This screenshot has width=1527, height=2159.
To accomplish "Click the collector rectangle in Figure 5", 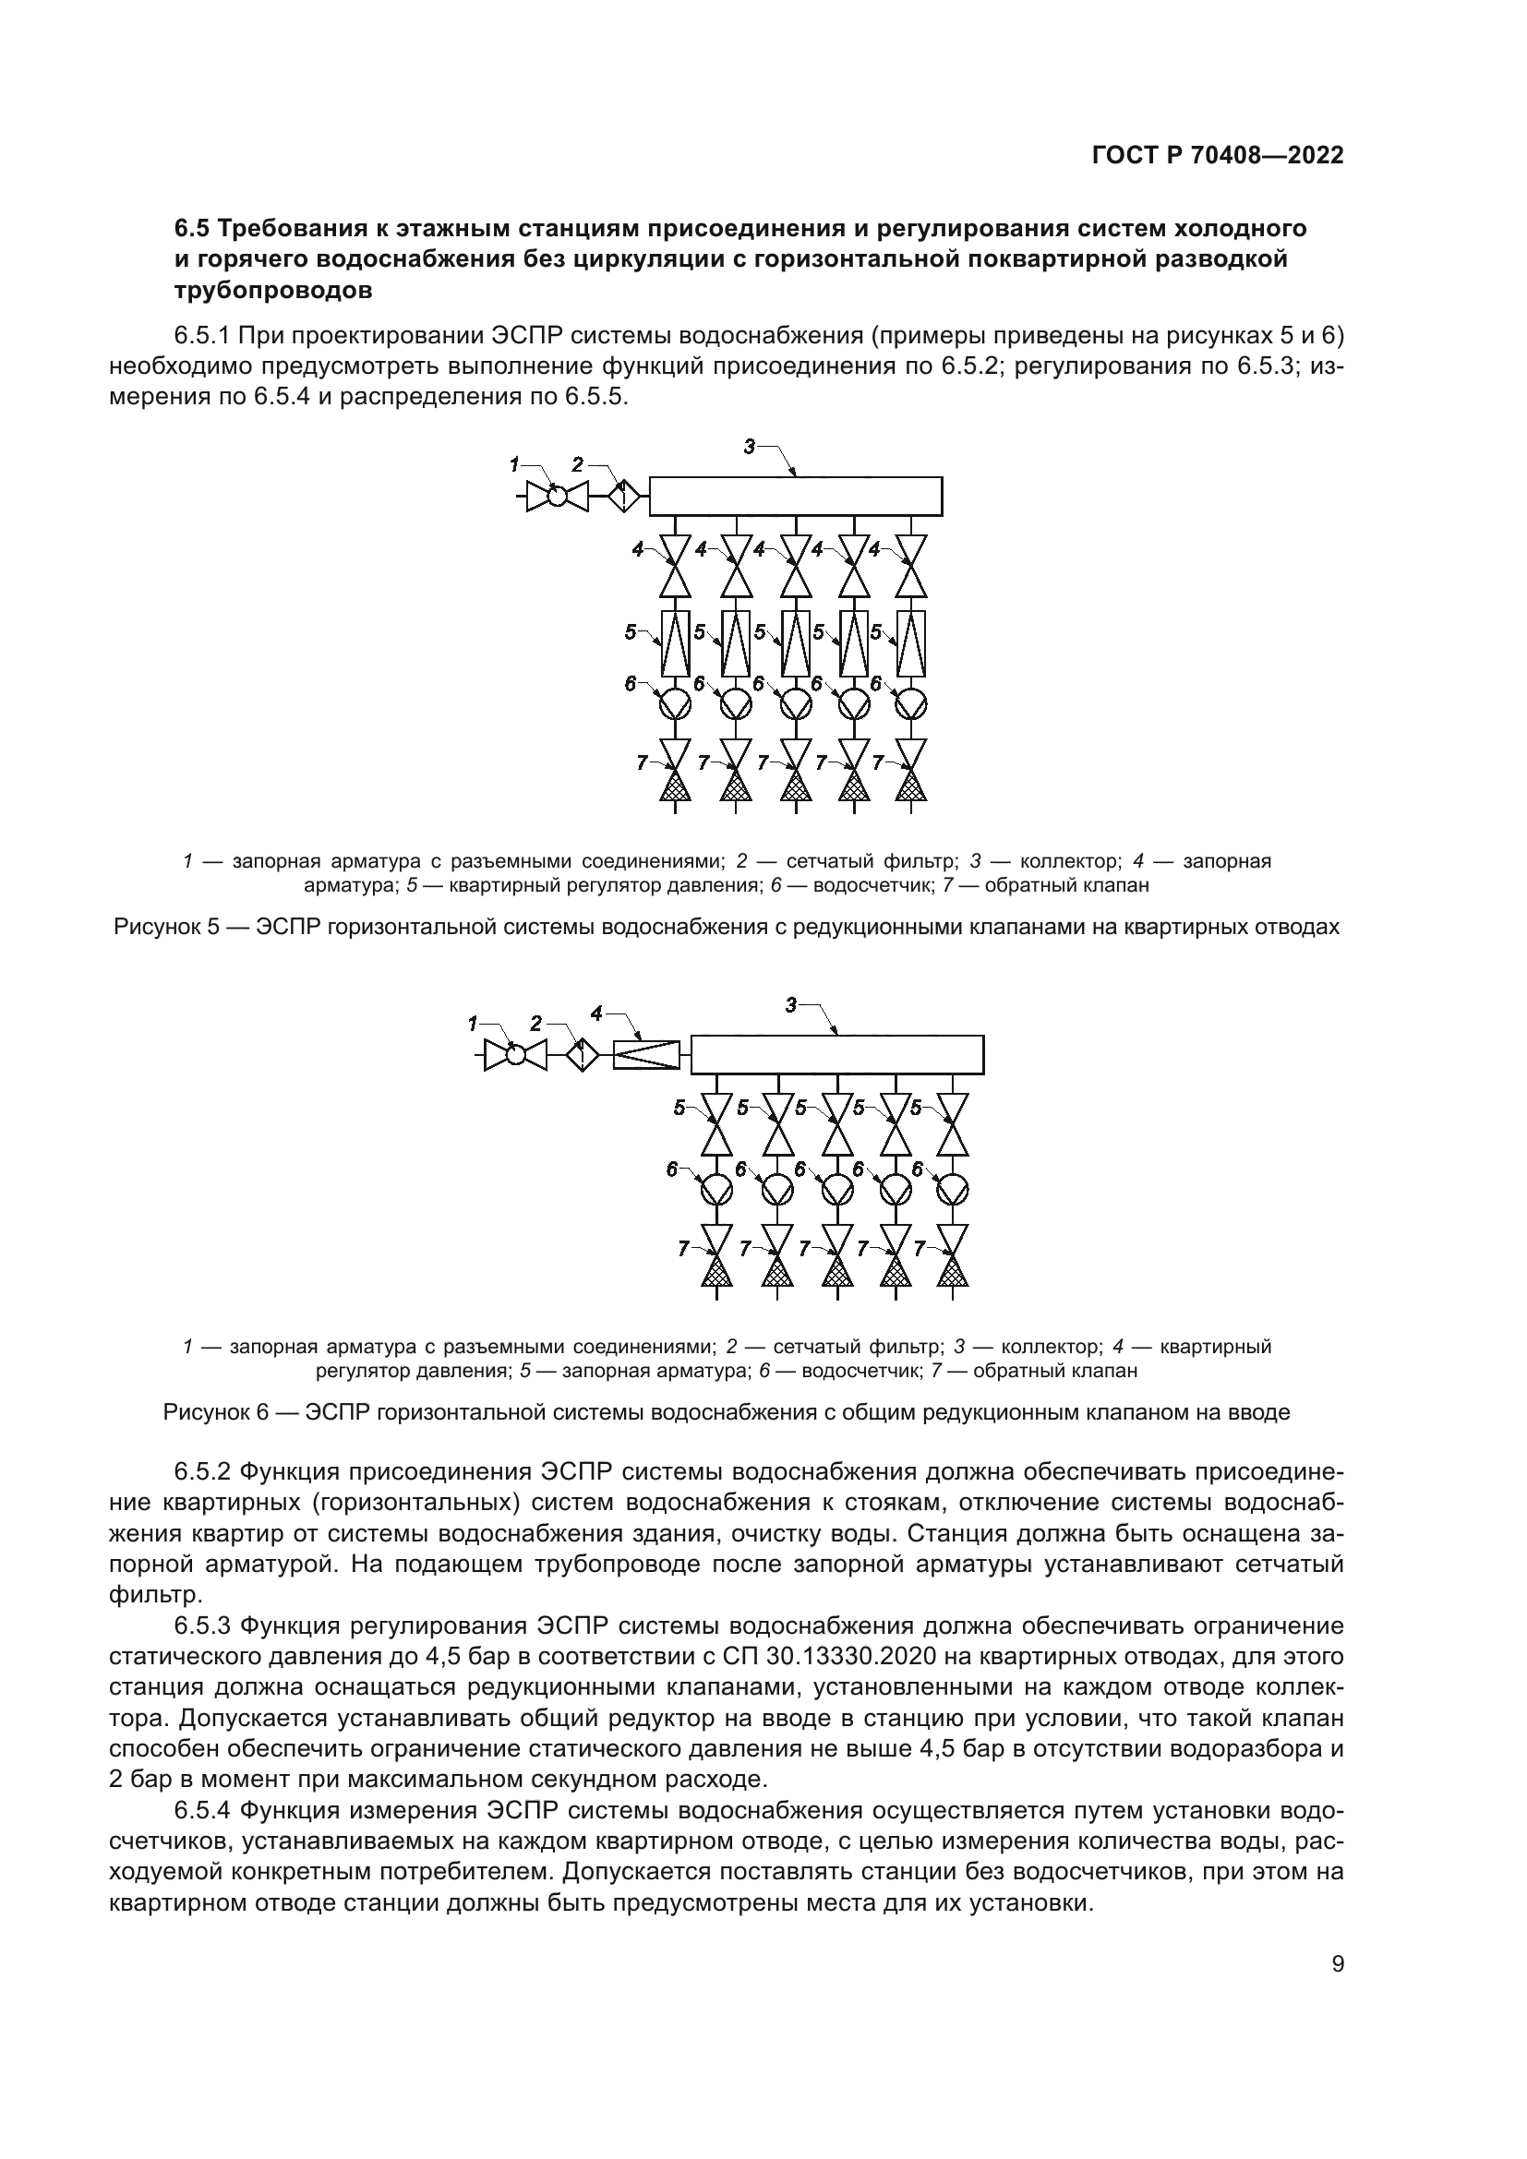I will tap(796, 497).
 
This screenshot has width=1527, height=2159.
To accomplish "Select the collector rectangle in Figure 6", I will tap(836, 1054).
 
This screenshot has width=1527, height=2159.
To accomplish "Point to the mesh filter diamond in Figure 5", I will tap(622, 496).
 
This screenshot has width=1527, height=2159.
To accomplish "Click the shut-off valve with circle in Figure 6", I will tap(515, 1054).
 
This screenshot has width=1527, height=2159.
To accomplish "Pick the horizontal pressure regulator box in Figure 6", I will tap(646, 1054).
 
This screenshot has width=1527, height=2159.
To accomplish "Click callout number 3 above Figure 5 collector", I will tap(750, 448).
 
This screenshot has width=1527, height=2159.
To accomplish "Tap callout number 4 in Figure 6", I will tap(596, 1013).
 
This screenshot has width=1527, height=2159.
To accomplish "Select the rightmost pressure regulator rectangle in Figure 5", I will tap(911, 644).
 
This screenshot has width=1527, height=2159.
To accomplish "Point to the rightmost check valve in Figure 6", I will tap(954, 1256).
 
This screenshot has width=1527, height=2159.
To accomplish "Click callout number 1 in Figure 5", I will tap(514, 463).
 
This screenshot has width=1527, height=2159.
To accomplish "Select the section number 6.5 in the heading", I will tap(194, 229).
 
